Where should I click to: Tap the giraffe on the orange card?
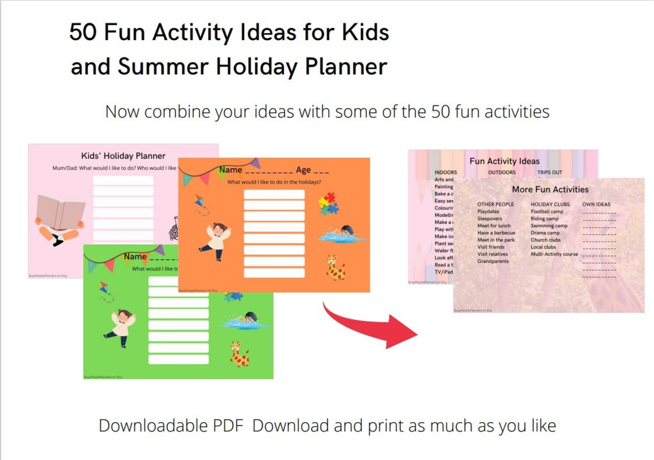(336, 267)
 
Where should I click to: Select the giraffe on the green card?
(239, 353)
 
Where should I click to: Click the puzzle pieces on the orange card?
(328, 204)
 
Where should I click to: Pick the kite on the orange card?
(201, 205)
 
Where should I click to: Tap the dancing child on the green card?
(121, 328)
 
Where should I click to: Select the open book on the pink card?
(60, 213)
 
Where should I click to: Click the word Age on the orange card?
(303, 170)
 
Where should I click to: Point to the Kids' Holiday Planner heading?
(123, 155)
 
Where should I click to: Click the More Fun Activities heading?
(550, 189)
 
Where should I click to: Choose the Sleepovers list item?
(489, 219)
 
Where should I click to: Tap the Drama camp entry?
(545, 233)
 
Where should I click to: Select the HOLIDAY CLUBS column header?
(550, 204)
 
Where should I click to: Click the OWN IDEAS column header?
(596, 204)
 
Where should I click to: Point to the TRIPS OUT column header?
(550, 172)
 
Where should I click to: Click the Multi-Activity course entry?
(554, 254)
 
